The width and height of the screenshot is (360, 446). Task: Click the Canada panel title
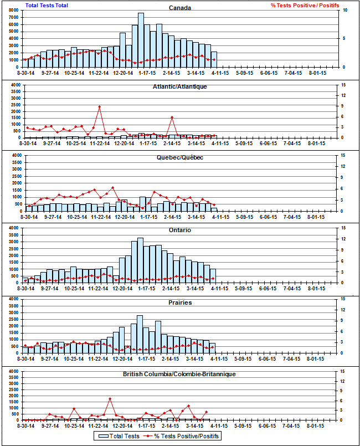tap(180, 8)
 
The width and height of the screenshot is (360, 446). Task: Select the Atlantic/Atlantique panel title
tap(180, 86)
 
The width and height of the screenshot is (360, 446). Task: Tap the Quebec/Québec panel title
tap(180, 158)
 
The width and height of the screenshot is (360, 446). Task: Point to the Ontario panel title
tap(180, 230)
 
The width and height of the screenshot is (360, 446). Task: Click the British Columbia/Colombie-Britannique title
tap(180, 375)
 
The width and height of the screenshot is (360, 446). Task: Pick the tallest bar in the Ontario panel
tap(140, 260)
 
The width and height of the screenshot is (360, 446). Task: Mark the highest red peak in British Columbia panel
tap(110, 398)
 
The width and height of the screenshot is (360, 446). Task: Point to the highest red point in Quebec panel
tap(112, 187)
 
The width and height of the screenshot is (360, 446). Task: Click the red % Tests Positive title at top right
tap(305, 5)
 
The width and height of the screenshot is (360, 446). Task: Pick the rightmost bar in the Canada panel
tap(214, 59)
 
